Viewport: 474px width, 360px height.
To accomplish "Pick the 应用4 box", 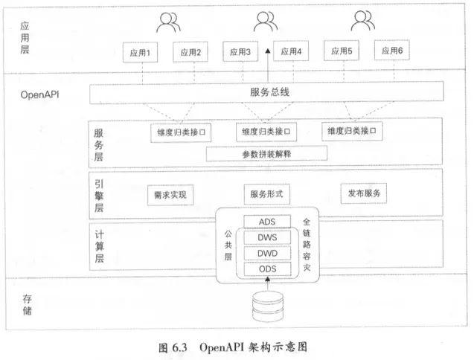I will click(290, 53).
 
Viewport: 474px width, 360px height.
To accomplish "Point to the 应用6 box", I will click(392, 52).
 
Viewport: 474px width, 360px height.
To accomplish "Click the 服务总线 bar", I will click(266, 93).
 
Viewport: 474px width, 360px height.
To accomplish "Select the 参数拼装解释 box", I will click(266, 154).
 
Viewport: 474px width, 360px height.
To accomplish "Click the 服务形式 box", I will click(266, 194).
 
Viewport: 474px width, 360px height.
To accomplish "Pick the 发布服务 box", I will click(364, 193).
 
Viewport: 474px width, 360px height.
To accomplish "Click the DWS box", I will click(267, 238).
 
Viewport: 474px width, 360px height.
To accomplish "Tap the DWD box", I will click(267, 254).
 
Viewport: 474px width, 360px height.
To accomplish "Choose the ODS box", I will click(267, 269).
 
